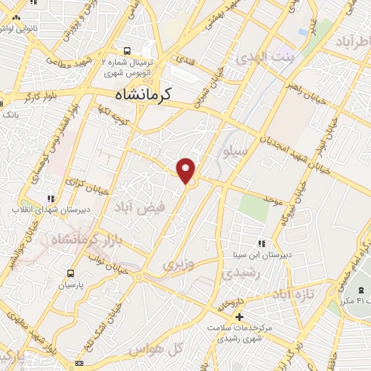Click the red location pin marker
tap(186, 170)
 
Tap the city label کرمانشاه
tap(153, 94)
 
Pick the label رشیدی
tap(237, 272)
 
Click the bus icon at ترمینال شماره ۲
tap(128, 51)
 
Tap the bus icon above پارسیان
tap(70, 273)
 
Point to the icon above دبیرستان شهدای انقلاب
tap(50, 198)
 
